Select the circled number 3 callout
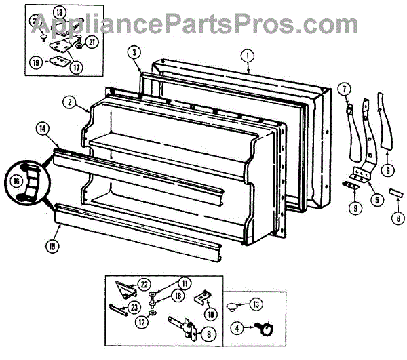pos(135,52)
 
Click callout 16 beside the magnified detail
pos(15,180)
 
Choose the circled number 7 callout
pos(344,89)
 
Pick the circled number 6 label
pos(388,171)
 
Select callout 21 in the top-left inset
pos(92,41)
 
